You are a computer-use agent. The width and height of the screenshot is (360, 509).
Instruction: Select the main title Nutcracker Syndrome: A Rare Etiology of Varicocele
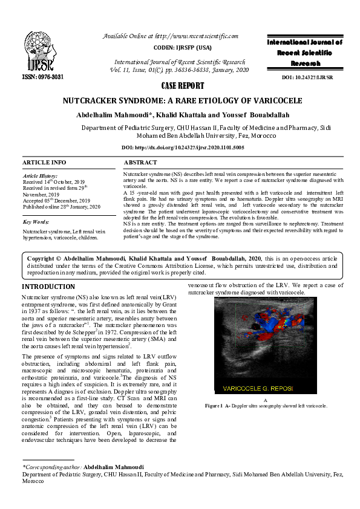pos(180,101)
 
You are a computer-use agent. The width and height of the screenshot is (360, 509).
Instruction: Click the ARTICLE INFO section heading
pos(44,163)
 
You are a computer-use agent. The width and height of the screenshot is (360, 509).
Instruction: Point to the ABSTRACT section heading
pos(140,163)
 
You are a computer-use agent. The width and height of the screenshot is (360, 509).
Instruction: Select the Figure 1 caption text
pos(266,405)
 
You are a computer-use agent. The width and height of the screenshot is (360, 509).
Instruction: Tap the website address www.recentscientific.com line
pos(171,36)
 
